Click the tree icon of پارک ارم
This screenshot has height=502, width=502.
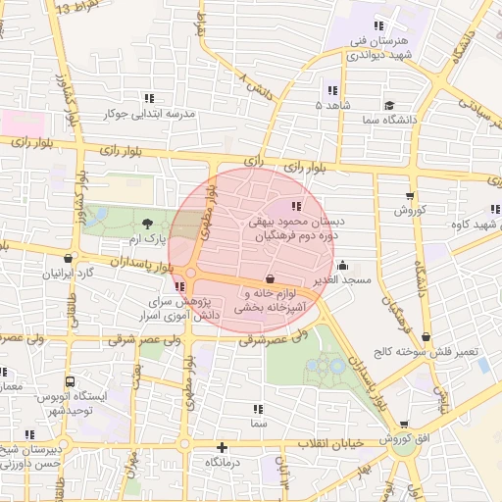(x=147, y=224)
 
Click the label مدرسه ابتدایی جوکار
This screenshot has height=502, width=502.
(x=151, y=114)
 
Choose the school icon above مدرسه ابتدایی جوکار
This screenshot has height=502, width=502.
(x=149, y=98)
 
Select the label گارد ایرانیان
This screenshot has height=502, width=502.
(x=66, y=274)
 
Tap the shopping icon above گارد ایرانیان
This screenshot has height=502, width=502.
(x=67, y=259)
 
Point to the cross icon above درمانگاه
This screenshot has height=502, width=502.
(x=223, y=446)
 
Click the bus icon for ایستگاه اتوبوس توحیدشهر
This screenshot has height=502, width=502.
(x=68, y=381)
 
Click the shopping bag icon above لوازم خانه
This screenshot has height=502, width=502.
(x=270, y=279)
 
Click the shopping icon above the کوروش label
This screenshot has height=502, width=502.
(x=409, y=196)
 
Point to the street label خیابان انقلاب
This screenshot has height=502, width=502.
(x=328, y=444)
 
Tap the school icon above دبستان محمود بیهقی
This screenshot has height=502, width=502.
(x=296, y=206)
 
